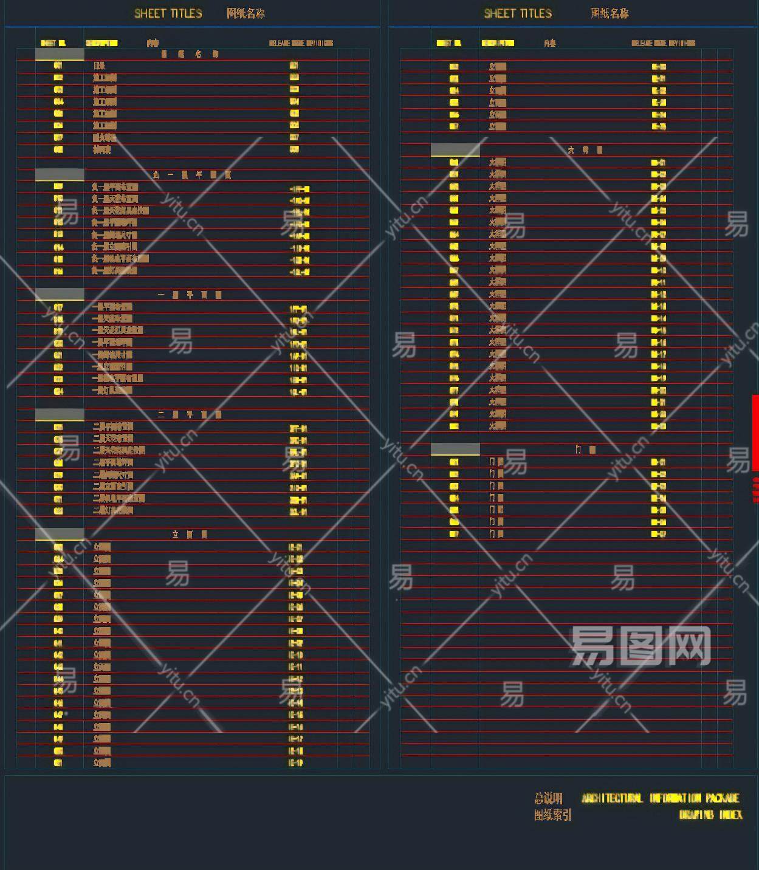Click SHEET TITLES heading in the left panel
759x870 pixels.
tap(168, 13)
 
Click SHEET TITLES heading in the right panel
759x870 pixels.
tap(518, 13)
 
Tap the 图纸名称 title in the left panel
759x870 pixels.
tap(246, 13)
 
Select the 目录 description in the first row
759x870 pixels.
tap(99, 66)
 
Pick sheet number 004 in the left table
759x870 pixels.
tap(58, 101)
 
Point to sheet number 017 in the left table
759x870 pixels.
tap(58, 307)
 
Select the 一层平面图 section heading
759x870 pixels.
tap(190, 295)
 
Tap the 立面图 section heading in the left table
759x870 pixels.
tap(190, 534)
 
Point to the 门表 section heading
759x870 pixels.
tap(585, 450)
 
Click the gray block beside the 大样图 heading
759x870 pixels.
tap(455, 149)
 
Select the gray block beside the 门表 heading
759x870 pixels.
tap(455, 449)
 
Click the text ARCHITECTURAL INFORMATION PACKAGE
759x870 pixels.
tap(661, 798)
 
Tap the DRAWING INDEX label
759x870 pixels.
tap(710, 815)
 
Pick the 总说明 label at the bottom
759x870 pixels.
tap(548, 798)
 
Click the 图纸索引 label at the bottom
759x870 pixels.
tap(552, 815)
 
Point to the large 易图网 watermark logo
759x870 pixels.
tap(641, 646)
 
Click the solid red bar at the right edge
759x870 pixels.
tap(755, 433)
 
